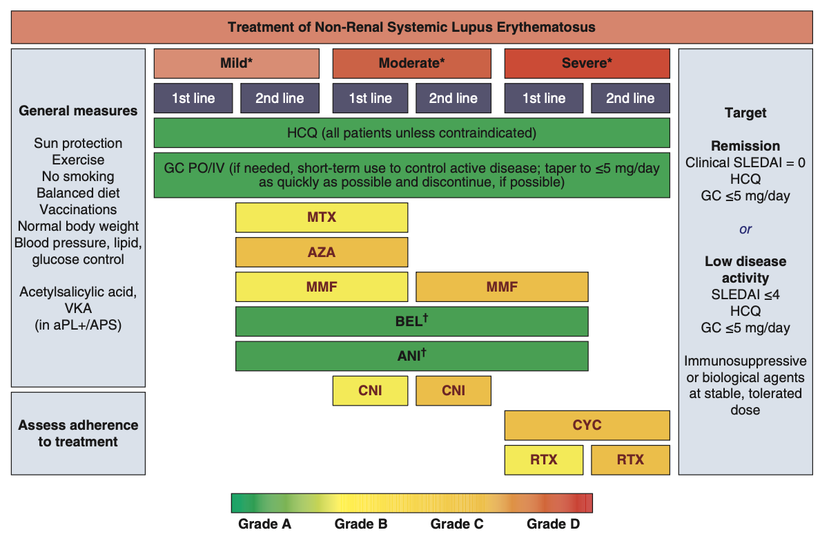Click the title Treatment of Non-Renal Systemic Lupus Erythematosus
[x=411, y=28]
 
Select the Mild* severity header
[x=236, y=64]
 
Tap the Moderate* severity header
[x=411, y=64]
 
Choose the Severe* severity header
[x=587, y=64]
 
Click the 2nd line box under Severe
[x=630, y=98]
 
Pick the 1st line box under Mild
[x=193, y=98]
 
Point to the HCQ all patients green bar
[x=411, y=133]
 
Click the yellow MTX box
[x=322, y=217]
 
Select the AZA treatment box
[x=322, y=252]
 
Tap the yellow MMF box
[x=322, y=287]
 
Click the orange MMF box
[x=502, y=287]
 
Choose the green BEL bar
[x=411, y=321]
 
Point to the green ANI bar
[x=411, y=356]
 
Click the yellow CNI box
[x=370, y=390]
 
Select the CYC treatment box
[x=587, y=425]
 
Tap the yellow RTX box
[x=544, y=460]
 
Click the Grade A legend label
[x=264, y=524]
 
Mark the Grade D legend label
[x=553, y=524]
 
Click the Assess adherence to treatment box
[x=78, y=433]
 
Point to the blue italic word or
[x=745, y=229]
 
